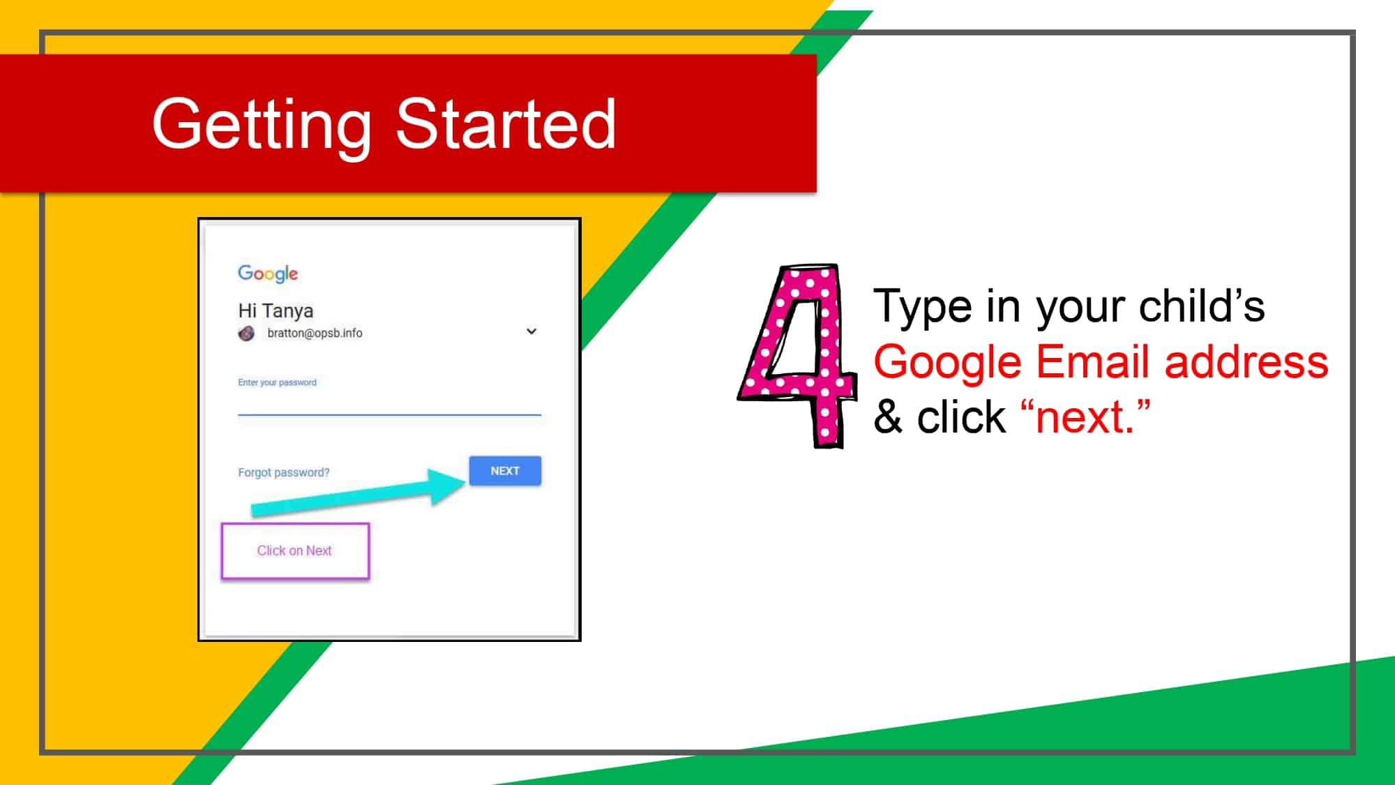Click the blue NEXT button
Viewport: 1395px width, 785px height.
click(505, 471)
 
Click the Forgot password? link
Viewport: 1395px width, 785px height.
click(283, 472)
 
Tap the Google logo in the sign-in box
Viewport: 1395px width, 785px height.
click(268, 274)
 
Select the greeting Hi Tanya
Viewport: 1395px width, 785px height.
click(276, 311)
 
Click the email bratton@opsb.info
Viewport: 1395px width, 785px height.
click(315, 334)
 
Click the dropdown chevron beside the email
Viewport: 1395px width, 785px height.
click(531, 331)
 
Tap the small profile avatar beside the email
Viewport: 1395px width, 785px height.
click(246, 334)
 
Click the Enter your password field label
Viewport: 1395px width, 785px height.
click(277, 382)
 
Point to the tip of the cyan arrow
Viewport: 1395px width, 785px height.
click(463, 481)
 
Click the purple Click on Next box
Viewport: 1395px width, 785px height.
click(295, 551)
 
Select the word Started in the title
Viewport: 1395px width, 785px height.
click(506, 124)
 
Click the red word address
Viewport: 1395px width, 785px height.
click(1246, 362)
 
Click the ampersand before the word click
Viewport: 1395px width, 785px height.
click(888, 418)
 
